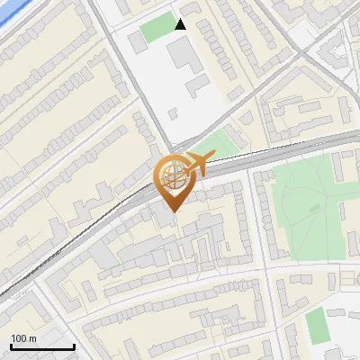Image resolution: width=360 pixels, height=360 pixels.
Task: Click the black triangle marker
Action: click(x=181, y=24)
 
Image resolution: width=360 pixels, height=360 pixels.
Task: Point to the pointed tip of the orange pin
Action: click(x=171, y=211)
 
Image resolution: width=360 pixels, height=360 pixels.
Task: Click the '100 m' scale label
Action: click(x=23, y=338)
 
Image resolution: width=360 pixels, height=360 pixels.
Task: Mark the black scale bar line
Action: click(x=42, y=346)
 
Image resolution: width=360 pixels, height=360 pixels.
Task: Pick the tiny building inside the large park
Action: click(x=314, y=208)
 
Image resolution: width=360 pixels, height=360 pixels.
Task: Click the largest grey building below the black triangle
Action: click(x=185, y=56)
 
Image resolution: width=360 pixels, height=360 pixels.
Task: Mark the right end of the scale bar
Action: click(x=74, y=346)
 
